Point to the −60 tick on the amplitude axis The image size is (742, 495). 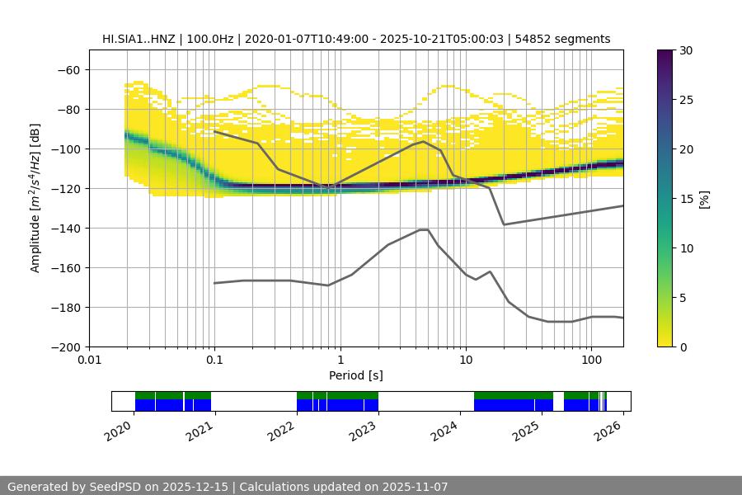pos(69,70)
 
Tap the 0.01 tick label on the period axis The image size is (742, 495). pos(89,361)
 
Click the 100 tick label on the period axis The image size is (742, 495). pos(590,361)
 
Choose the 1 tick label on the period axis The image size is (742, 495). pos(340,361)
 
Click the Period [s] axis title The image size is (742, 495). pos(355,375)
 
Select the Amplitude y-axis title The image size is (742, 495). pos(35,198)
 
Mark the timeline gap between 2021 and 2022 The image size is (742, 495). pos(254,402)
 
